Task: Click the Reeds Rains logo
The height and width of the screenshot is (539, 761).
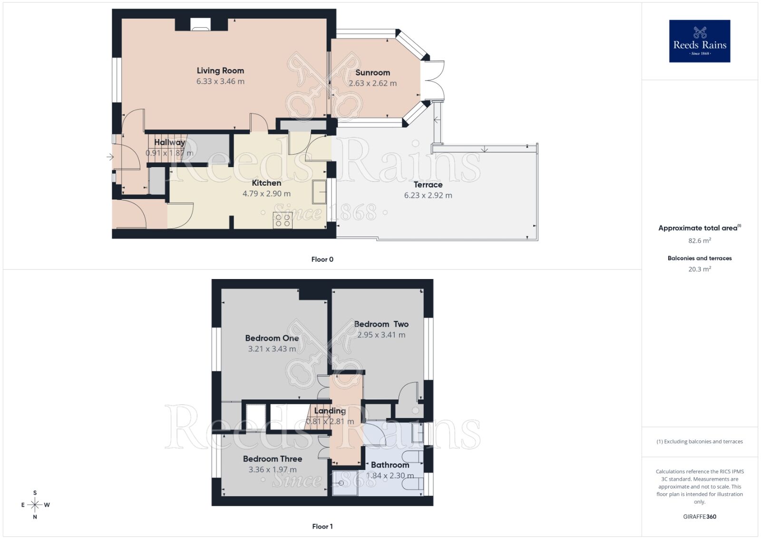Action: (x=699, y=41)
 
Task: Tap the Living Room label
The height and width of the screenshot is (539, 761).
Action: (x=220, y=70)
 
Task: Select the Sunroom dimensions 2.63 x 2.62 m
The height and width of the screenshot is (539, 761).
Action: (x=372, y=83)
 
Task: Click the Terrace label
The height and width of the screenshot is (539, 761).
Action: (x=428, y=185)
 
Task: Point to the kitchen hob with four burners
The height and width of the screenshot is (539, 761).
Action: (x=282, y=220)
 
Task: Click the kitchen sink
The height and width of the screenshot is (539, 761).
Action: (x=319, y=191)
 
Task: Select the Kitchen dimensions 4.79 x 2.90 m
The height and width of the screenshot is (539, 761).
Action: (x=266, y=194)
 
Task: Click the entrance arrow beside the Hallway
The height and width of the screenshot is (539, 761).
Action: (x=110, y=157)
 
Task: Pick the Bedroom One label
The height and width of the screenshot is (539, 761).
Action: (x=272, y=338)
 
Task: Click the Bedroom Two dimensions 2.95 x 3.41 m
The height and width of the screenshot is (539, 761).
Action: (x=381, y=335)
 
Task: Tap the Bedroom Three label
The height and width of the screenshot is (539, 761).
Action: (x=273, y=459)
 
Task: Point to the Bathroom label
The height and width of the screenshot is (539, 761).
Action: (x=390, y=465)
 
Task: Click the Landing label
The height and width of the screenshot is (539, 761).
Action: (x=330, y=410)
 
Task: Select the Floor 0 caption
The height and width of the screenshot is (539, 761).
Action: (x=322, y=260)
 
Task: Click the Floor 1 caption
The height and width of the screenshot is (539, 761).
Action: (x=322, y=526)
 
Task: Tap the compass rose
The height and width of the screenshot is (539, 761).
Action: (x=35, y=505)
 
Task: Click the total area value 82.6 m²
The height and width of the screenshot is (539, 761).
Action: (x=699, y=241)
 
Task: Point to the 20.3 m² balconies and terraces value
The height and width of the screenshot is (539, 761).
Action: (x=699, y=269)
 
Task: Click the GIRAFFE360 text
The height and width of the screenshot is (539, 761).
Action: (x=699, y=517)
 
